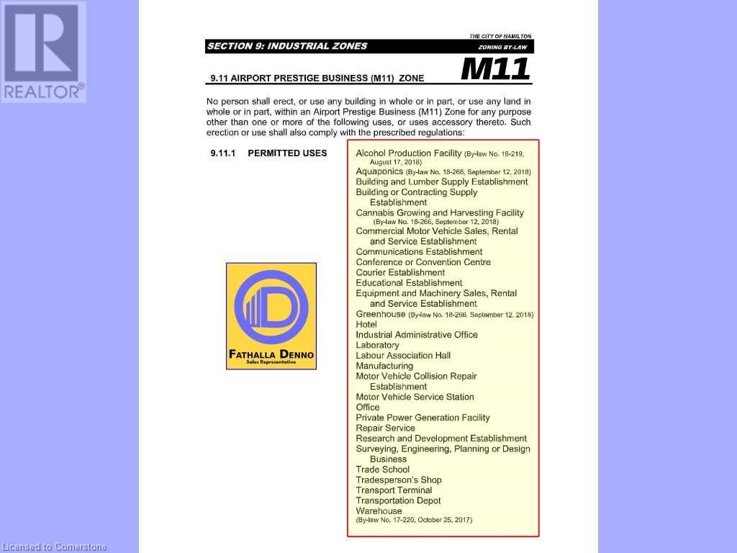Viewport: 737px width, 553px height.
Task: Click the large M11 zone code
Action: click(495, 69)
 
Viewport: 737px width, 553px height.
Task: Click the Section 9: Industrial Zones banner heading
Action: click(287, 46)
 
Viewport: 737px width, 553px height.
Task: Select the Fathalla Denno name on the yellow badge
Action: click(271, 354)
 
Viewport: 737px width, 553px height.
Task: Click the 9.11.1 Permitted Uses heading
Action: click(268, 153)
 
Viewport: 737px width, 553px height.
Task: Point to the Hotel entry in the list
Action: click(366, 324)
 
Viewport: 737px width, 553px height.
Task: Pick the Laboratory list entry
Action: click(377, 345)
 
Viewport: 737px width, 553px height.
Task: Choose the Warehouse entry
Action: click(379, 511)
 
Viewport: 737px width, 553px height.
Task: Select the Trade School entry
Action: click(382, 469)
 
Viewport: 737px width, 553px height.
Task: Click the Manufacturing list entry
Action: click(384, 366)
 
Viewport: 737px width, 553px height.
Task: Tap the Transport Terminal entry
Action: click(394, 490)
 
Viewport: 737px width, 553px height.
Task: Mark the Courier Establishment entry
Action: click(400, 273)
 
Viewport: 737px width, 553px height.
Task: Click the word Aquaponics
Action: click(379, 171)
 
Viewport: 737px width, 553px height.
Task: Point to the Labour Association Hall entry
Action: click(403, 356)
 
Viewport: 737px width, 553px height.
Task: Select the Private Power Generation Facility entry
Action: click(422, 418)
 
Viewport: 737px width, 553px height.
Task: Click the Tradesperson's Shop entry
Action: click(399, 480)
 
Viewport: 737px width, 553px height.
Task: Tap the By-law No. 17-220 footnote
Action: click(414, 520)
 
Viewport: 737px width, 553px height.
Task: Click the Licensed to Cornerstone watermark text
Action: click(54, 547)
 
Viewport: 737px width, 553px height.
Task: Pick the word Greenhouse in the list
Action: click(381, 314)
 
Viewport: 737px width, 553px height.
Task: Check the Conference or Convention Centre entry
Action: click(423, 262)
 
